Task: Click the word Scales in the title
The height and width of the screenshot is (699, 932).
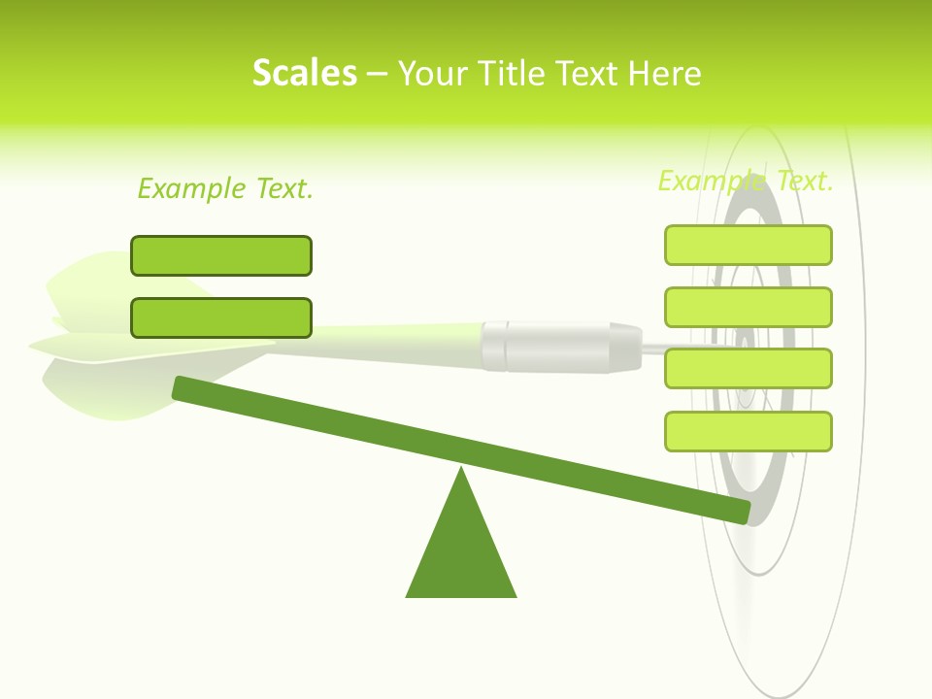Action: [304, 73]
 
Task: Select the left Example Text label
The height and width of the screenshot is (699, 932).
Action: [225, 188]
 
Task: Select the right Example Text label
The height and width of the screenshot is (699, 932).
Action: [746, 181]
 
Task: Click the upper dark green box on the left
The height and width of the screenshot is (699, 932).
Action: [221, 255]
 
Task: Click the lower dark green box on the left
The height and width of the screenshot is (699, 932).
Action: [221, 317]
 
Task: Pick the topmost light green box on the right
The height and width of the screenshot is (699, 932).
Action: [749, 245]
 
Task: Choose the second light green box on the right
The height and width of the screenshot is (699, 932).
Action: [749, 307]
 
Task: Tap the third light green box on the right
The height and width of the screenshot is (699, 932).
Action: [749, 368]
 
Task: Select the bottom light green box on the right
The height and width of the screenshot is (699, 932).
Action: [749, 431]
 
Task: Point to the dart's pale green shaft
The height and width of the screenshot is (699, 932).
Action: [388, 341]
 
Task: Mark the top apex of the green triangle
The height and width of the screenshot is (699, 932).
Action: [461, 470]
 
